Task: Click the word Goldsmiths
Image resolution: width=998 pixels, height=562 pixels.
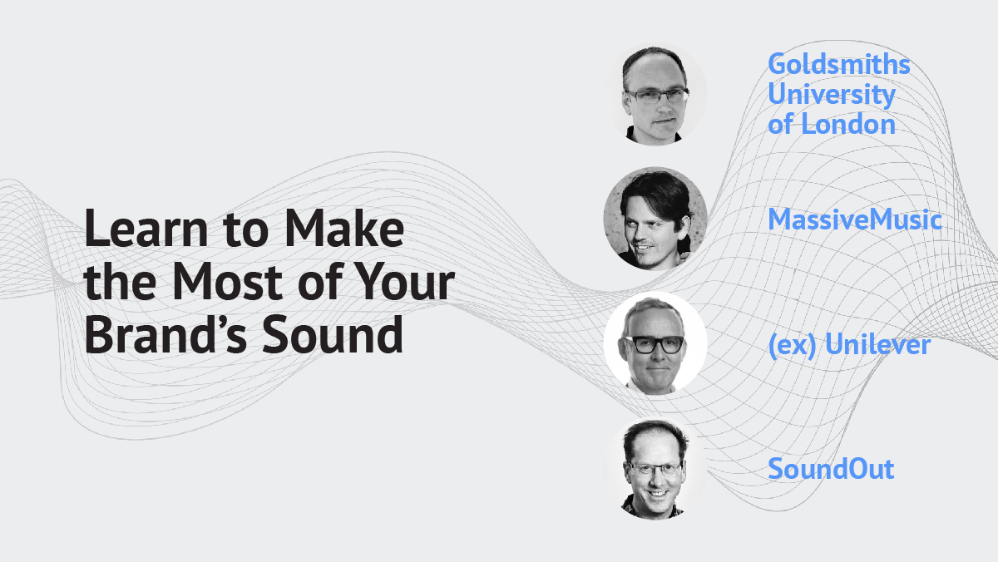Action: [838, 64]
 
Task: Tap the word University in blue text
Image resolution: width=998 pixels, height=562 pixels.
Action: [831, 95]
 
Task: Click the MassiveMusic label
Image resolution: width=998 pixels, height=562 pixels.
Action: [855, 220]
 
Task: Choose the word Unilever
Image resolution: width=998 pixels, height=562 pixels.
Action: [877, 344]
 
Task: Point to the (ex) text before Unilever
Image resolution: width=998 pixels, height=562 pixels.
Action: [793, 344]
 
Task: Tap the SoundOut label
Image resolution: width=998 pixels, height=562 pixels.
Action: [831, 469]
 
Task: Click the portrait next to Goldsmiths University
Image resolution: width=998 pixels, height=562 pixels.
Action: [655, 93]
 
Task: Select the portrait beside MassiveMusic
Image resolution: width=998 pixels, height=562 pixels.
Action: [655, 219]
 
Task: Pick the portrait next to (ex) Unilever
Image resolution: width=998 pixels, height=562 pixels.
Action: [655, 343]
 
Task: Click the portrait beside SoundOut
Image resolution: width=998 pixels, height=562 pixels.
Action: [655, 467]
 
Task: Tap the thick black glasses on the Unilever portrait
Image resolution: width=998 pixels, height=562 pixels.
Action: [655, 343]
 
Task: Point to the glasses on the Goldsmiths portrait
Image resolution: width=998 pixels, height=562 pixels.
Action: [656, 96]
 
